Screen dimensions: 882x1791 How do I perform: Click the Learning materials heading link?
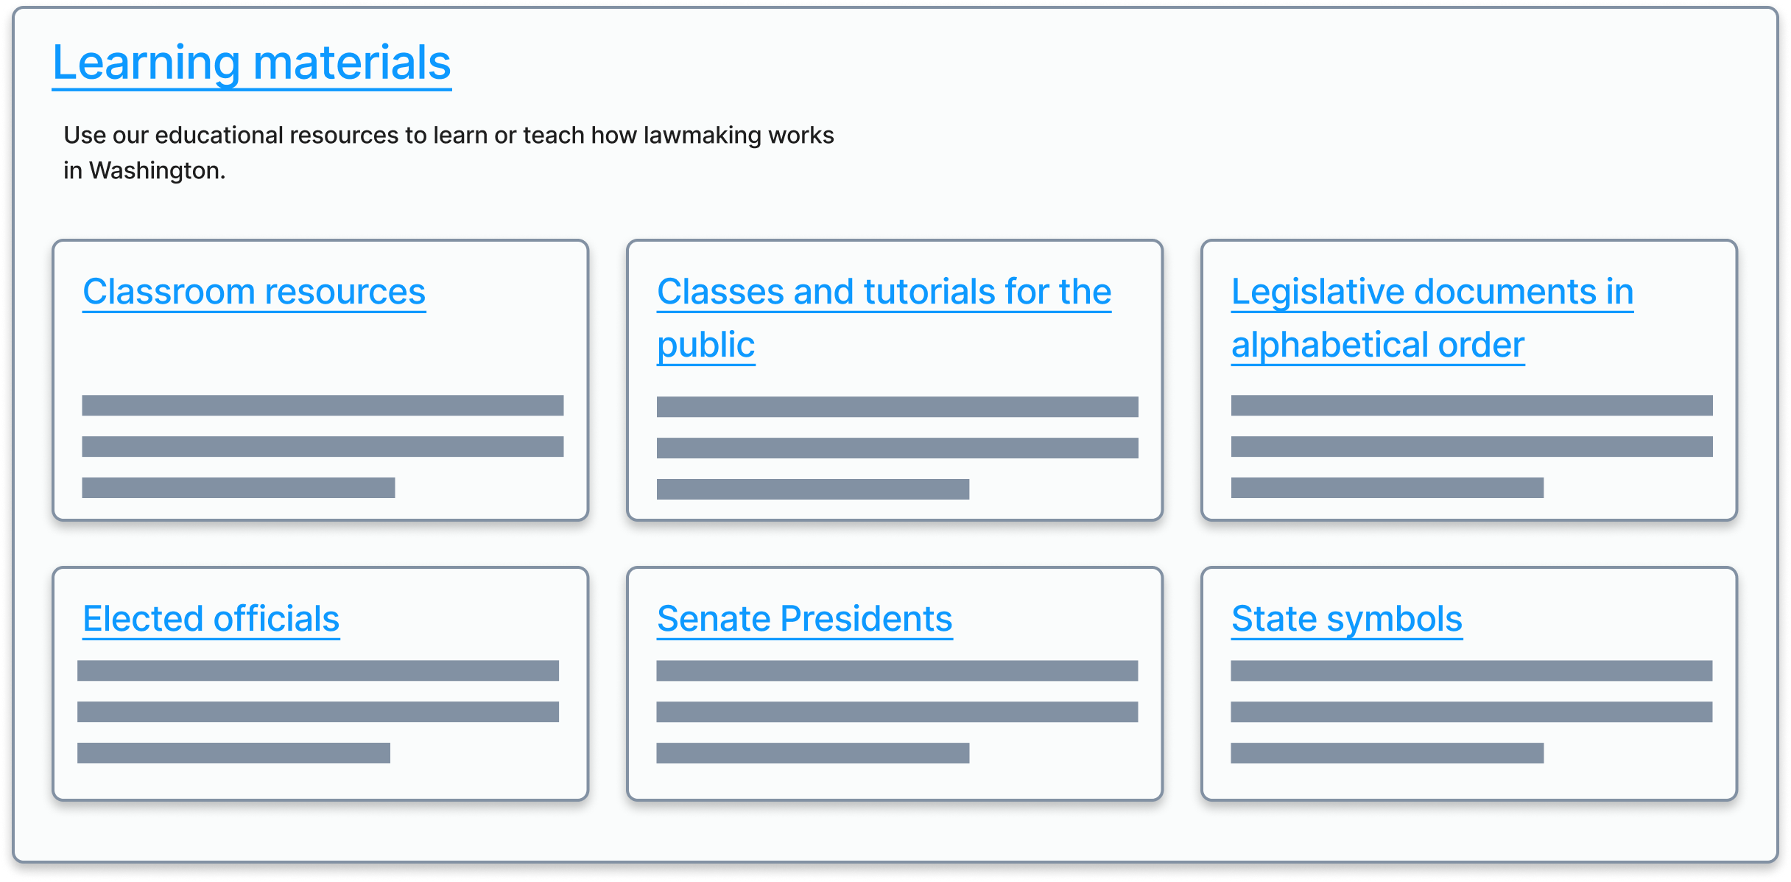(x=251, y=63)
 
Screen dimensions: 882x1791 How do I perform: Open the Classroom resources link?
(x=254, y=292)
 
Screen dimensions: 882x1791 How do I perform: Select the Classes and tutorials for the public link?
(x=884, y=292)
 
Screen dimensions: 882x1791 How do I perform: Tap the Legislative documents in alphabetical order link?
(x=1432, y=292)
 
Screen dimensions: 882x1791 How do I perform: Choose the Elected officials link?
(x=211, y=619)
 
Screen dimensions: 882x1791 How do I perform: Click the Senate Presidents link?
(x=804, y=619)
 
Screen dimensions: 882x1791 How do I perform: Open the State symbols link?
(x=1346, y=619)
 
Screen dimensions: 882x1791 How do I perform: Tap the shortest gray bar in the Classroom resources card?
(x=238, y=488)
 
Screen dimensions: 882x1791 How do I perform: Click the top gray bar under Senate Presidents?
(x=897, y=671)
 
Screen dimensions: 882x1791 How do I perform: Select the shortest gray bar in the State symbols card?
(x=1387, y=753)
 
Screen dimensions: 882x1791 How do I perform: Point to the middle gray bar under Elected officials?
(x=317, y=712)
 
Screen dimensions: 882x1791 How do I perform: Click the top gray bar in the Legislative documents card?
(x=1471, y=405)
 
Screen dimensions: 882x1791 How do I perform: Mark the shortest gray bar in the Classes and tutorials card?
(x=812, y=489)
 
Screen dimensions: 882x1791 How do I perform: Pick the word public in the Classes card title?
(x=706, y=345)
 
